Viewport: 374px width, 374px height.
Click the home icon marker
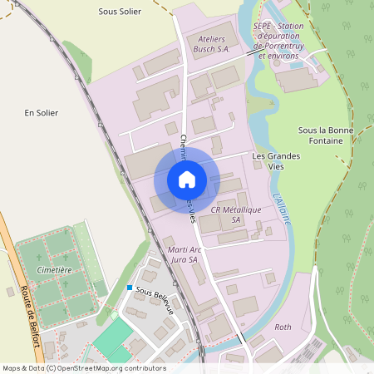pyautogui.click(x=187, y=180)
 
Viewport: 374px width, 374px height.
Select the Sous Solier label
pyautogui.click(x=120, y=12)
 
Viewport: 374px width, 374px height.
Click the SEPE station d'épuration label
pyautogui.click(x=279, y=41)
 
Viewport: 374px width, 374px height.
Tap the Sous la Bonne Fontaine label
pyautogui.click(x=325, y=135)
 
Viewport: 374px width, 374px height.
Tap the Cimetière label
pyautogui.click(x=53, y=270)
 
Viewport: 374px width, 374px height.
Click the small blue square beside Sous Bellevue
pyautogui.click(x=130, y=288)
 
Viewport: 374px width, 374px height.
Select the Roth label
pyautogui.click(x=283, y=327)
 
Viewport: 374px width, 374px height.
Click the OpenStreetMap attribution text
pyautogui.click(x=85, y=368)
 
